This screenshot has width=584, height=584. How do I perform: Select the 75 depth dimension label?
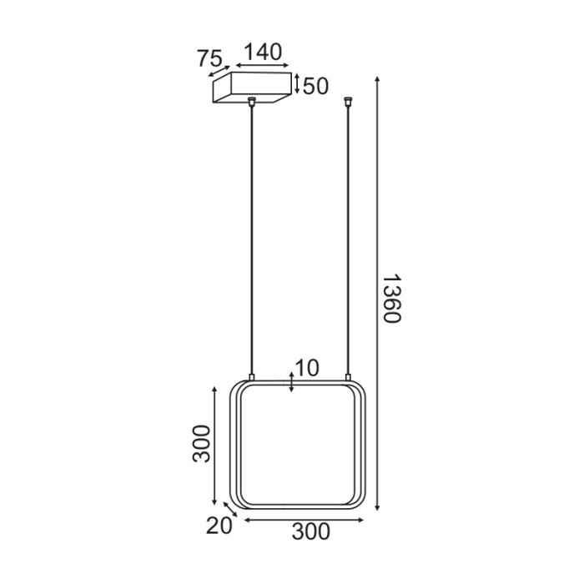(x=210, y=58)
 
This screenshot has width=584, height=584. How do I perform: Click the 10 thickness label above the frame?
(x=308, y=368)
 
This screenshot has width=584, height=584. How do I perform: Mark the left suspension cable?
(x=251, y=242)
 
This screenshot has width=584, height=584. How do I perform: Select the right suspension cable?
(x=348, y=242)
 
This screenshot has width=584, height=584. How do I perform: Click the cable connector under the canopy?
(x=251, y=103)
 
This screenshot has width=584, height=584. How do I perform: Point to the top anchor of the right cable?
(x=348, y=103)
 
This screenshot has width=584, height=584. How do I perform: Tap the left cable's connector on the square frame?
(x=251, y=377)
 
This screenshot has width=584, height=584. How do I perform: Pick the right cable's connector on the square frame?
(x=348, y=377)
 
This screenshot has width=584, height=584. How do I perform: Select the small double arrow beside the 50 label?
(x=296, y=85)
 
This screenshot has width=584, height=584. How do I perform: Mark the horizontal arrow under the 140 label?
(x=262, y=66)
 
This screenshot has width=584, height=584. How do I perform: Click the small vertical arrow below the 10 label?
(x=290, y=383)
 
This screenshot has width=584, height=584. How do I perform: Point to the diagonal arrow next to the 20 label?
(x=229, y=510)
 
